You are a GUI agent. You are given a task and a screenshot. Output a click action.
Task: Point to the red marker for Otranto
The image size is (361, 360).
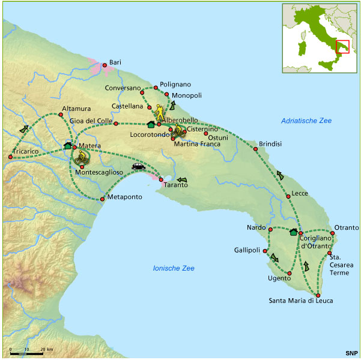(x=331, y=232)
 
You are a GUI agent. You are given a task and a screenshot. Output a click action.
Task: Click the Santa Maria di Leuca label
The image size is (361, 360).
(x=300, y=301)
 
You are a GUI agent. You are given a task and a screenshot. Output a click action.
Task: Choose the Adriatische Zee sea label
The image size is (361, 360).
(x=306, y=121)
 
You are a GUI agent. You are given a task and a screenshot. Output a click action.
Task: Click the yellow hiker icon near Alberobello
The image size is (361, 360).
(x=159, y=112)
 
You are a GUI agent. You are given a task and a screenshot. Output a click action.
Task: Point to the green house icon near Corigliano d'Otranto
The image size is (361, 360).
(x=294, y=232)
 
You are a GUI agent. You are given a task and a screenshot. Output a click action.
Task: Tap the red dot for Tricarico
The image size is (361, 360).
(x=10, y=157)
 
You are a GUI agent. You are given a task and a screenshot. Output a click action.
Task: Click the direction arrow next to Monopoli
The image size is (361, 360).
(x=174, y=106)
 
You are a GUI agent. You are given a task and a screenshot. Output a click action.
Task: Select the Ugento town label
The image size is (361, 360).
(x=279, y=278)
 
